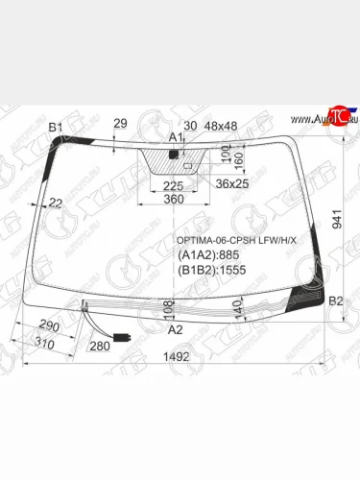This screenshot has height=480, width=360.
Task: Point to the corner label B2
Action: (336, 301)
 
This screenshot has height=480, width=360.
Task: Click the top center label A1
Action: (176, 138)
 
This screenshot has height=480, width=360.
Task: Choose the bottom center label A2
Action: (176, 328)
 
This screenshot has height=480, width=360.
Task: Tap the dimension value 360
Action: (173, 199)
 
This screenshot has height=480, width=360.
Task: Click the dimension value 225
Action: (173, 185)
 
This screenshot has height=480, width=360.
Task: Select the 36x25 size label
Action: (230, 183)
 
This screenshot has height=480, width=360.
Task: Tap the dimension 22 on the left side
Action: (56, 202)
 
